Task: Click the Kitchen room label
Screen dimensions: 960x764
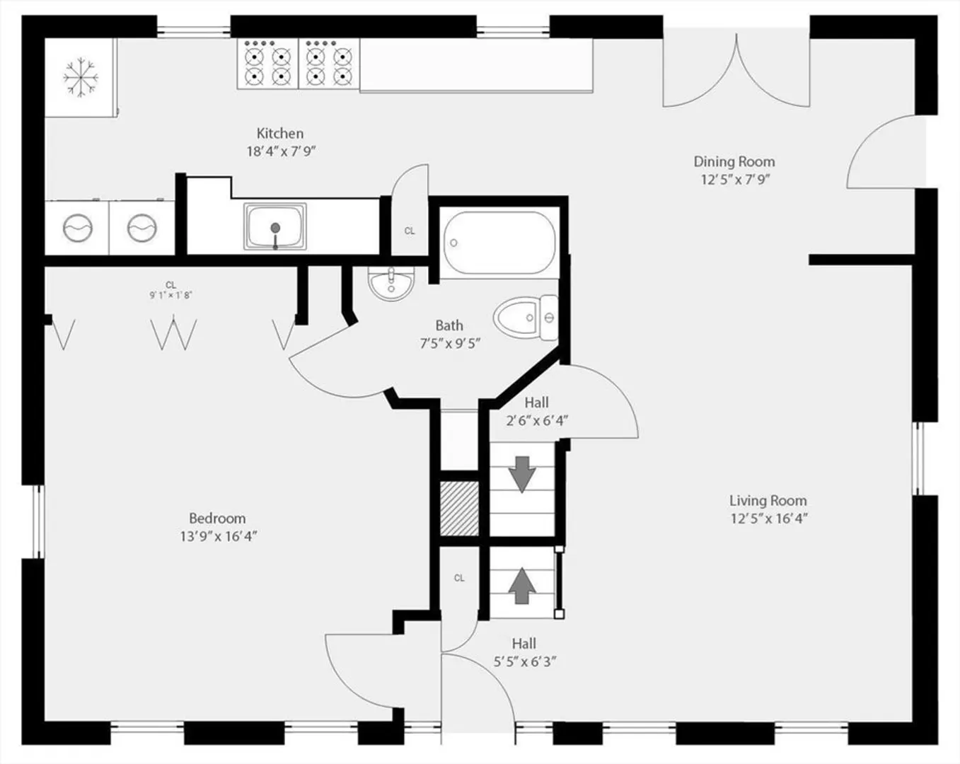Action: (x=280, y=134)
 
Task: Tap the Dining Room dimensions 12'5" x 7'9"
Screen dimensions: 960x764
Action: (x=734, y=180)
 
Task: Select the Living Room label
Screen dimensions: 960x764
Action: (x=768, y=501)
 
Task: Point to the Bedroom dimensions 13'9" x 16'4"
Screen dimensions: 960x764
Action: (x=218, y=536)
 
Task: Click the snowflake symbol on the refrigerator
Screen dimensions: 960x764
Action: (x=81, y=77)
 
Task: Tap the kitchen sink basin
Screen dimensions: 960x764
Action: (x=275, y=226)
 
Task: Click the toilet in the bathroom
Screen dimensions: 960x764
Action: (x=526, y=318)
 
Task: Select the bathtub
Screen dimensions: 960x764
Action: (x=499, y=243)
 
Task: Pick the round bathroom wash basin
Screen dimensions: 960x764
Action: (x=391, y=283)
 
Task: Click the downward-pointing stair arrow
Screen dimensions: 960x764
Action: (x=522, y=475)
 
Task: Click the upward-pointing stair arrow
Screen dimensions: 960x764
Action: (x=522, y=586)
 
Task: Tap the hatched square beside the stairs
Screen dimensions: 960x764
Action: (x=459, y=509)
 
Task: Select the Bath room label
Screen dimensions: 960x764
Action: (x=449, y=325)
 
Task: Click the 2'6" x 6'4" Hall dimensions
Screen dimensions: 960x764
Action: (x=537, y=421)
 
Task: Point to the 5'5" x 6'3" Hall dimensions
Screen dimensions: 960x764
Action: (x=525, y=661)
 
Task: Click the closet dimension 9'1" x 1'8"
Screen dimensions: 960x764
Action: (x=171, y=295)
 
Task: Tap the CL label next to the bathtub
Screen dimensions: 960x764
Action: (x=410, y=231)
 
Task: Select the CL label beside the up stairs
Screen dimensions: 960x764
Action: (x=459, y=578)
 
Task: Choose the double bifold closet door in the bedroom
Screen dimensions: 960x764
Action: (x=173, y=334)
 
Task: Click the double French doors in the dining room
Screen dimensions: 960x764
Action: (x=736, y=71)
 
